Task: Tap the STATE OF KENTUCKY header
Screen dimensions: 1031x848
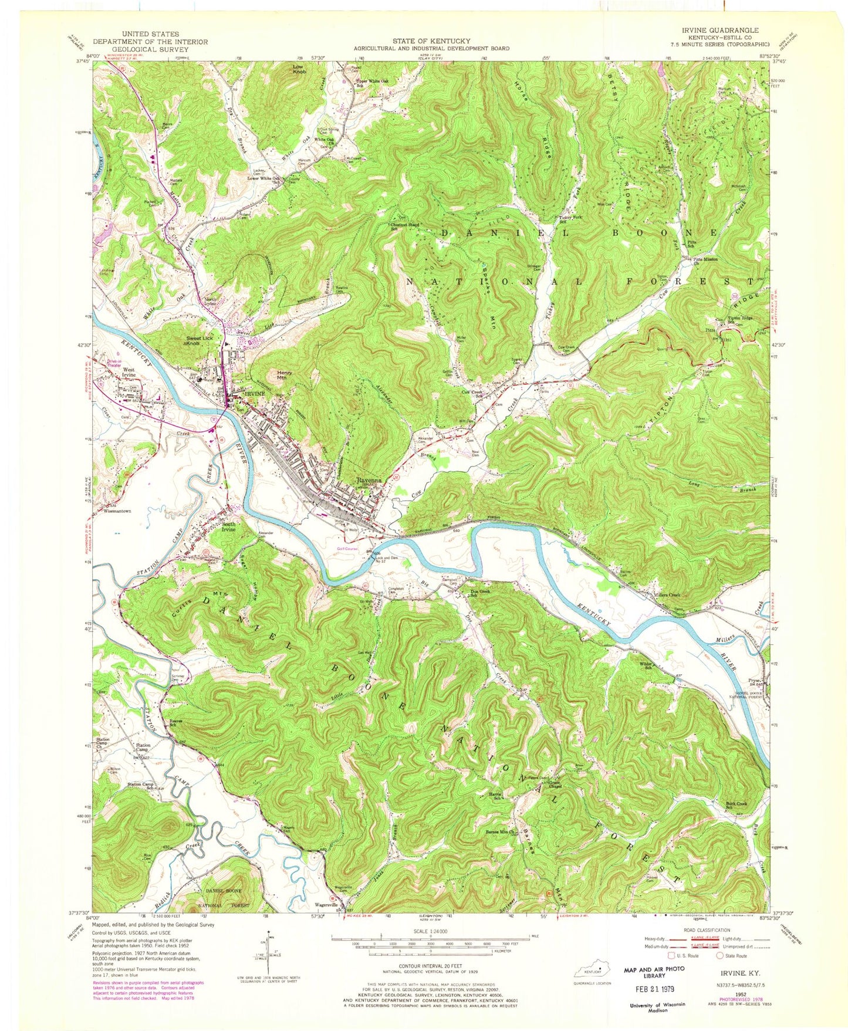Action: tap(431, 40)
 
